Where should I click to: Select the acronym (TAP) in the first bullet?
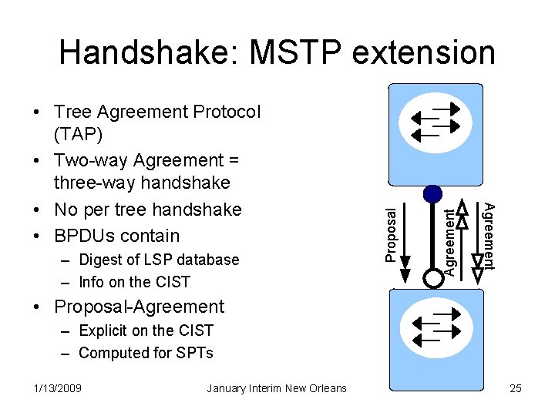coord(79,134)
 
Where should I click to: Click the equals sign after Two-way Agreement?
coord(233,160)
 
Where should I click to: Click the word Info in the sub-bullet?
coord(93,282)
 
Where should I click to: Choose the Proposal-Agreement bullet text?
coord(139,307)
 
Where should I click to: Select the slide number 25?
coord(516,388)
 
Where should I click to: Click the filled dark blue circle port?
coord(433,193)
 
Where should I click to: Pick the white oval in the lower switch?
coord(436,327)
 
